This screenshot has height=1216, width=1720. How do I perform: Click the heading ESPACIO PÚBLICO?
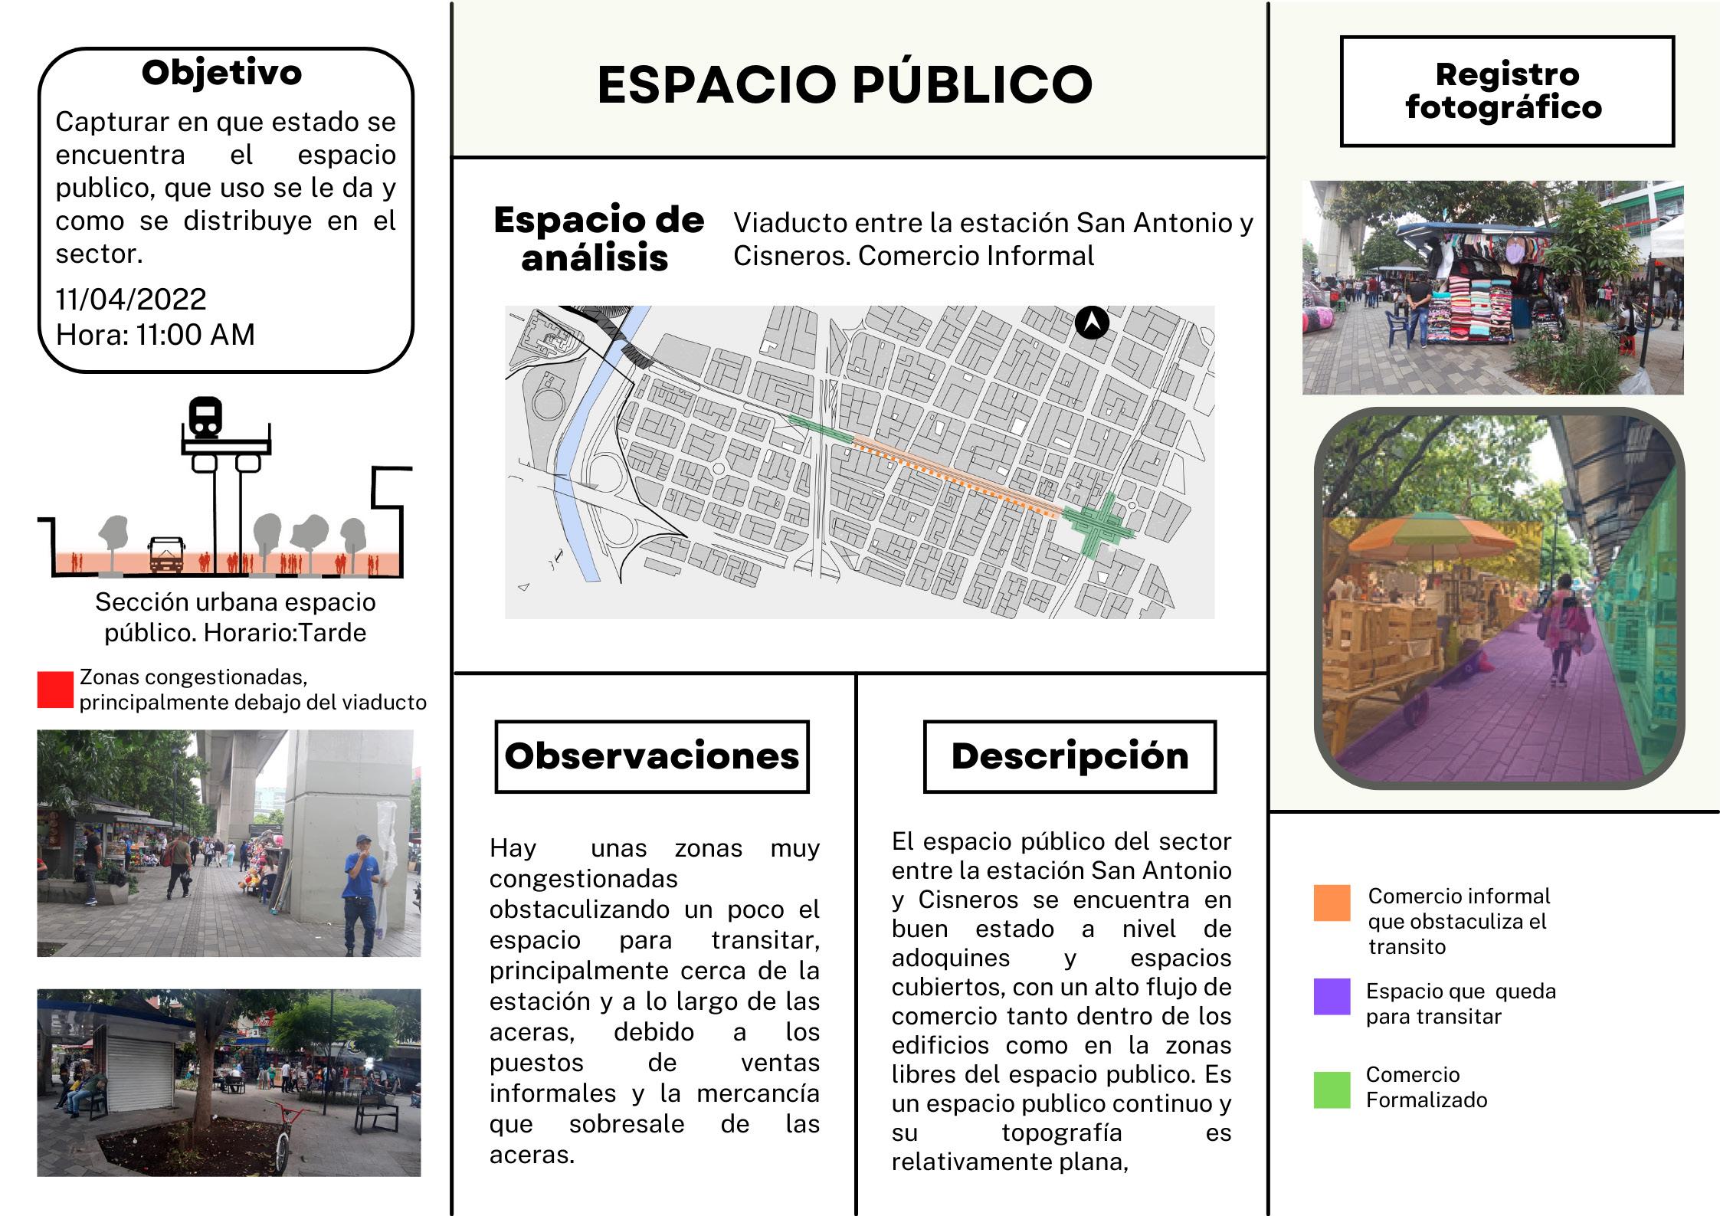(x=844, y=84)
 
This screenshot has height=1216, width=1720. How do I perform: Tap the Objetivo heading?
(x=221, y=73)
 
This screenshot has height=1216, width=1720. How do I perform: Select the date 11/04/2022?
(x=131, y=299)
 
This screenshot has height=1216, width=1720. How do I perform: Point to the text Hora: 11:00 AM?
(x=156, y=334)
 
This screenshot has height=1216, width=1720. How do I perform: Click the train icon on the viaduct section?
(x=205, y=418)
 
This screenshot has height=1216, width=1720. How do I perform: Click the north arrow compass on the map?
(x=1092, y=323)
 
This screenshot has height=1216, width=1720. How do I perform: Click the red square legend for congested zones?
(x=55, y=690)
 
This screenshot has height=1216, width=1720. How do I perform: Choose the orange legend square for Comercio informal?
(x=1332, y=903)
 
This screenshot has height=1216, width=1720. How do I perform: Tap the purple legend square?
(x=1332, y=997)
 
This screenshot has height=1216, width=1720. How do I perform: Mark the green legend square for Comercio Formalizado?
(x=1332, y=1090)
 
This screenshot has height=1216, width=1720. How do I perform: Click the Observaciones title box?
(x=652, y=756)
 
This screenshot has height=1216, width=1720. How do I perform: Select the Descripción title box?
(x=1070, y=756)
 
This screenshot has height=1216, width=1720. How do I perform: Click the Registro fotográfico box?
(x=1506, y=91)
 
